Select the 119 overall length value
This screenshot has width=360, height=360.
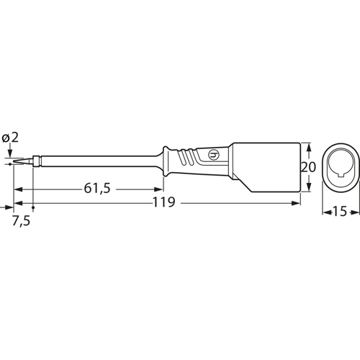tap(164, 204)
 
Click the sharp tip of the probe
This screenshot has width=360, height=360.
tap(14, 164)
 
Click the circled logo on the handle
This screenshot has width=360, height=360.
tap(212, 155)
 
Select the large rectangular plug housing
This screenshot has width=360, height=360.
tap(266, 167)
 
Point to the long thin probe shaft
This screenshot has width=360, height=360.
tap(94, 162)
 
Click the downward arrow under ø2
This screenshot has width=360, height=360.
tap(10, 153)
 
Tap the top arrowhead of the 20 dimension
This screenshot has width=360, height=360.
tap(309, 144)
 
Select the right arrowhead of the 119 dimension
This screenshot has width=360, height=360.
tap(297, 204)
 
